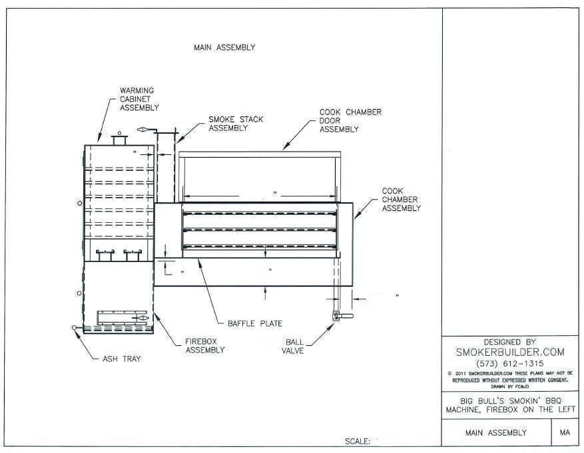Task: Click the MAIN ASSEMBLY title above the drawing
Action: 224,47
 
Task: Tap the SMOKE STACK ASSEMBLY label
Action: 236,124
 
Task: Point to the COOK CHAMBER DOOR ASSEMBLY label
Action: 350,120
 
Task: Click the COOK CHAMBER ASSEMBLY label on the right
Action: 401,200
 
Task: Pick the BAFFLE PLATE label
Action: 255,323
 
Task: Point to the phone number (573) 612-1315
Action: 509,363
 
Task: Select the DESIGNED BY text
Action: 509,341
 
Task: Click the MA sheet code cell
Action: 565,432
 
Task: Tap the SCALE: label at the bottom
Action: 358,440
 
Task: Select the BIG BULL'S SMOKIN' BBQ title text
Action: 509,400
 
